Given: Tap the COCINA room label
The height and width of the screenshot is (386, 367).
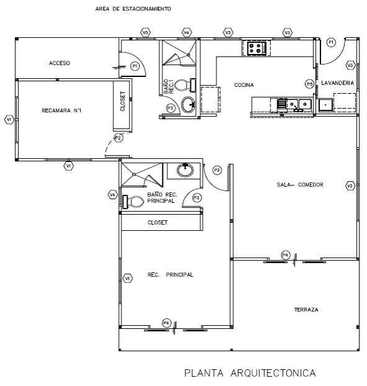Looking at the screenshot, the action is click(x=244, y=85).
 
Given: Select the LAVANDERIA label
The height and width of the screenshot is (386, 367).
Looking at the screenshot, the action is click(x=337, y=83).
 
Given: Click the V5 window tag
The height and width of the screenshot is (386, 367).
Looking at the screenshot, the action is click(x=145, y=32).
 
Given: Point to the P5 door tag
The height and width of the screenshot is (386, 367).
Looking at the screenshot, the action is click(x=310, y=84).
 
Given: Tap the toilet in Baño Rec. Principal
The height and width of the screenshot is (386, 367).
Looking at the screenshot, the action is click(x=133, y=202).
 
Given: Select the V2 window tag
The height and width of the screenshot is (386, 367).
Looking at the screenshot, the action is click(x=350, y=186).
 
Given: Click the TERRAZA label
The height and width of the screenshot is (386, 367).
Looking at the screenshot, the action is click(x=306, y=310).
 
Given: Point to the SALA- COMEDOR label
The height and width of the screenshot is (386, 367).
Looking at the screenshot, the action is click(x=300, y=185).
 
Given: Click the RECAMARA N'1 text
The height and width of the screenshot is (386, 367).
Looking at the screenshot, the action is click(x=61, y=110).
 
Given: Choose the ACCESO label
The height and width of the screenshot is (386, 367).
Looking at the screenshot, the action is click(x=60, y=63).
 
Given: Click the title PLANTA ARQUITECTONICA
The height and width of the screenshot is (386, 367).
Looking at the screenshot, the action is click(x=250, y=373).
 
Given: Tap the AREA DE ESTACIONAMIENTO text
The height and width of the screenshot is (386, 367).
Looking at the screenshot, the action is click(x=133, y=9).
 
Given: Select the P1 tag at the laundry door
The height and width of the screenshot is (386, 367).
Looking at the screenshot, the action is click(x=331, y=42).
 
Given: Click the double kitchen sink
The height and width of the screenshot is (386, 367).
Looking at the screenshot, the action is click(x=298, y=105).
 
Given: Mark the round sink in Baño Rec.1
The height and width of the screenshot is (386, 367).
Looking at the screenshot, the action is click(x=188, y=104).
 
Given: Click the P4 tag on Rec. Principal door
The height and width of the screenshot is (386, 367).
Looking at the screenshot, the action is click(x=167, y=323).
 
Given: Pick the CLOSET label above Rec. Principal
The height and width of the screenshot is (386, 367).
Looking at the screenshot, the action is click(x=157, y=223).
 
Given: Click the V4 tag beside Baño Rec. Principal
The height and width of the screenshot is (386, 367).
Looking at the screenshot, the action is click(x=112, y=195).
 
